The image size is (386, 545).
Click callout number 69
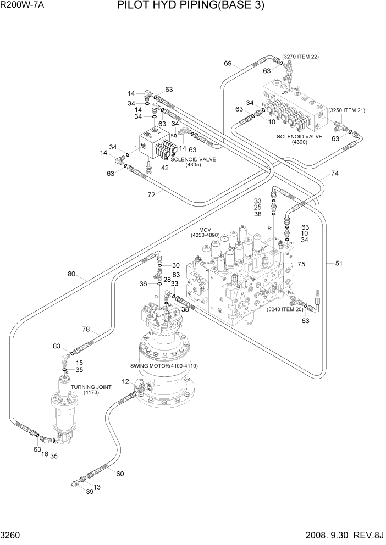(228, 64)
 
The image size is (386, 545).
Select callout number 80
(71, 275)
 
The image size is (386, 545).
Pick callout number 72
(151, 194)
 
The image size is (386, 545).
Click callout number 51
(339, 263)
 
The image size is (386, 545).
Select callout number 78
(86, 329)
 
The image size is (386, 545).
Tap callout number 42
(164, 168)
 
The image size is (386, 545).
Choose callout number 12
(125, 381)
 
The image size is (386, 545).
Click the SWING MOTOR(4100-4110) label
(163, 365)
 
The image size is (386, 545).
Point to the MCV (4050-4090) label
(205, 232)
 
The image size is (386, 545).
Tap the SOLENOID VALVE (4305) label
(193, 162)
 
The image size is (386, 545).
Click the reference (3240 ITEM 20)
(285, 309)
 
